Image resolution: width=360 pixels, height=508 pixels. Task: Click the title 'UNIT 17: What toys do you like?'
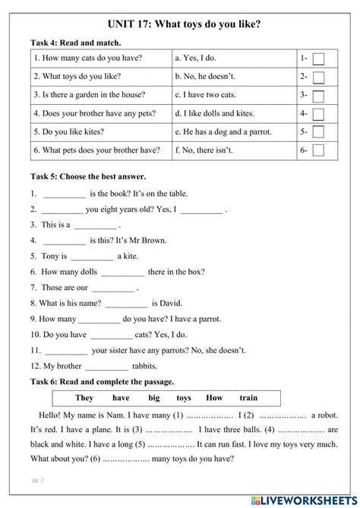point(179,24)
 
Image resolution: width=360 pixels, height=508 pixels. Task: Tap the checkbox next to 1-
point(318,58)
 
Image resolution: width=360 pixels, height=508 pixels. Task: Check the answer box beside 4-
point(318,114)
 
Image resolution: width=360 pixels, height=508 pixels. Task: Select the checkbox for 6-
point(318,150)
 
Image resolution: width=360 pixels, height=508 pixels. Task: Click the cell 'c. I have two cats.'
point(204,95)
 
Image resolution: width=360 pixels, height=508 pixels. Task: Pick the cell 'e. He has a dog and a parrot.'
point(224,132)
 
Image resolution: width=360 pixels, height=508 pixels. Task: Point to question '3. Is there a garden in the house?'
point(89,95)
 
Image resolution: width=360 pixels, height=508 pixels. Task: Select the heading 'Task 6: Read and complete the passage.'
point(103,381)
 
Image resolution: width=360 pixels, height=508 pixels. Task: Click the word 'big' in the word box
point(154,398)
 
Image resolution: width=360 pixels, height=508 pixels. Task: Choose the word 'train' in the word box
point(248,398)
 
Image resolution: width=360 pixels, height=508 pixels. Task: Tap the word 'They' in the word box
point(84,398)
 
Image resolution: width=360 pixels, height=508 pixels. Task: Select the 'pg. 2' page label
point(38,481)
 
